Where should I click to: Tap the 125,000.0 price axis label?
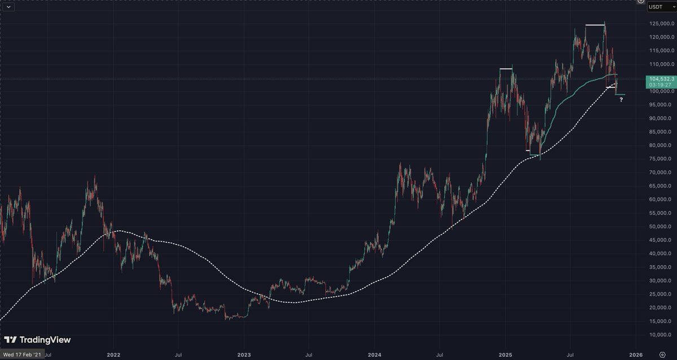[x=661, y=24]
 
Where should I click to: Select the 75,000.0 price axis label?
[x=661, y=159]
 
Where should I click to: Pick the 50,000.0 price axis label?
[x=661, y=227]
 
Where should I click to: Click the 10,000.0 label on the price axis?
[x=661, y=335]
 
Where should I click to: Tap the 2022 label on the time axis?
[x=114, y=355]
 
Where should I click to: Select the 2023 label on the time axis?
[x=243, y=355]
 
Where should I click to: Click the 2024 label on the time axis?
[x=373, y=355]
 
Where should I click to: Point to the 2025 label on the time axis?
[x=505, y=355]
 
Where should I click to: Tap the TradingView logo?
[x=37, y=340]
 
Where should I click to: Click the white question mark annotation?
[x=621, y=100]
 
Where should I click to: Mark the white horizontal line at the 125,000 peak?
[x=595, y=25]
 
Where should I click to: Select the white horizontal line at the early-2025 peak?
[x=505, y=69]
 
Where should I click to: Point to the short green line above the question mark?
[x=620, y=94]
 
